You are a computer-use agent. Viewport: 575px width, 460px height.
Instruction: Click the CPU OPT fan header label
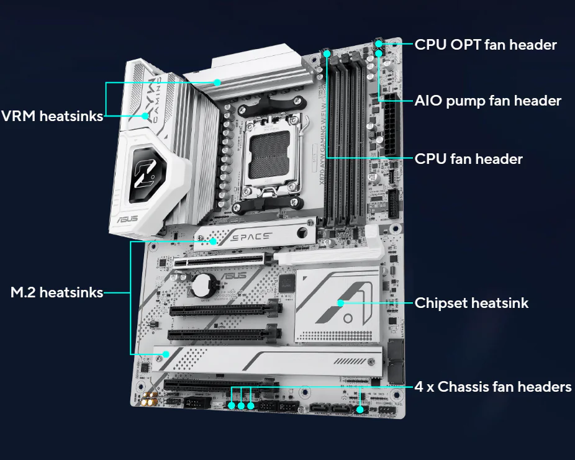(x=486, y=45)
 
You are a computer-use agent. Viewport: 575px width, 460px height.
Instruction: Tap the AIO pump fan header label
(x=487, y=101)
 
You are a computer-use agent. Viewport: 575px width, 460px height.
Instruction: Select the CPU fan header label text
(x=468, y=159)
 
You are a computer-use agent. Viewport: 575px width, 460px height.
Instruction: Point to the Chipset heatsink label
(x=471, y=303)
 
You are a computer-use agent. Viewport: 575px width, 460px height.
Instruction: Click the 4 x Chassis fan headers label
(x=493, y=387)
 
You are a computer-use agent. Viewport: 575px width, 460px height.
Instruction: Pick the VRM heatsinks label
(x=52, y=116)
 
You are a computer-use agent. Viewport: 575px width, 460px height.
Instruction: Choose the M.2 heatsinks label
(x=57, y=292)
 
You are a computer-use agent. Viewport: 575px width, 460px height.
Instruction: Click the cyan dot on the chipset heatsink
(x=341, y=303)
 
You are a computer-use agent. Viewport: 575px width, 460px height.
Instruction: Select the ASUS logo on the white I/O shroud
(x=127, y=219)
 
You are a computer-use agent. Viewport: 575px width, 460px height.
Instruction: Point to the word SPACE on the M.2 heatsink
(x=251, y=237)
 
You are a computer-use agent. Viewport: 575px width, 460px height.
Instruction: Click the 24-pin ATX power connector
(x=392, y=125)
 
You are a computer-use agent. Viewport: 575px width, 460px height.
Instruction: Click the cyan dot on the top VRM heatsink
(x=217, y=83)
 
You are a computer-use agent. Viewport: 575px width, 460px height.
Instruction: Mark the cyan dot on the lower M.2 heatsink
(x=166, y=354)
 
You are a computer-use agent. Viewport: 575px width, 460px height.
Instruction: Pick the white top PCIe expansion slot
(x=219, y=261)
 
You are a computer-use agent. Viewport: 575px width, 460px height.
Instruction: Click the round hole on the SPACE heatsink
(x=302, y=232)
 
